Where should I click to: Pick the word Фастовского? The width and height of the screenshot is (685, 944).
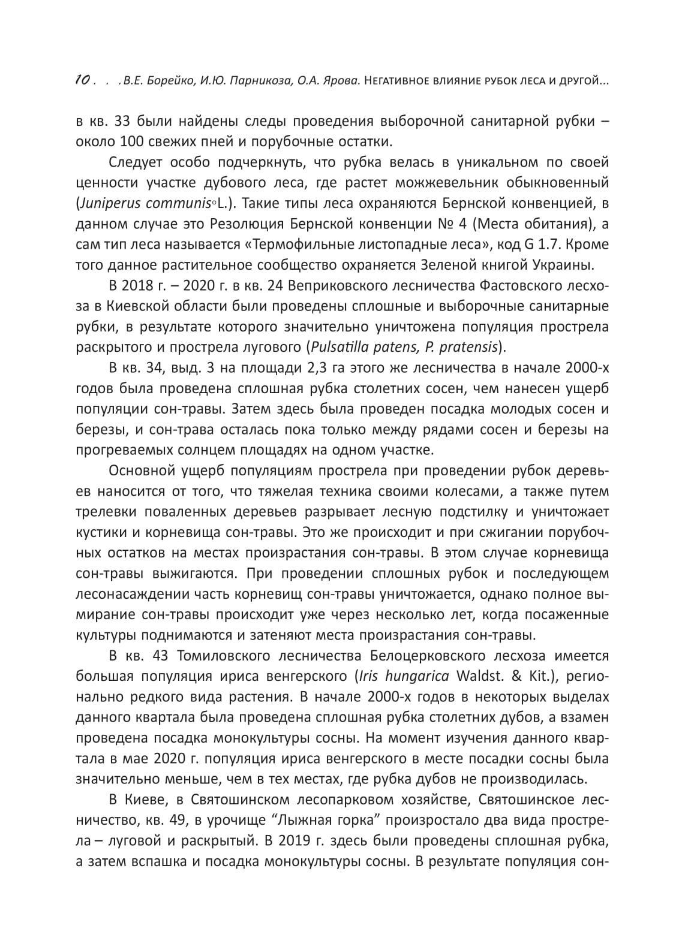tap(500, 285)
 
